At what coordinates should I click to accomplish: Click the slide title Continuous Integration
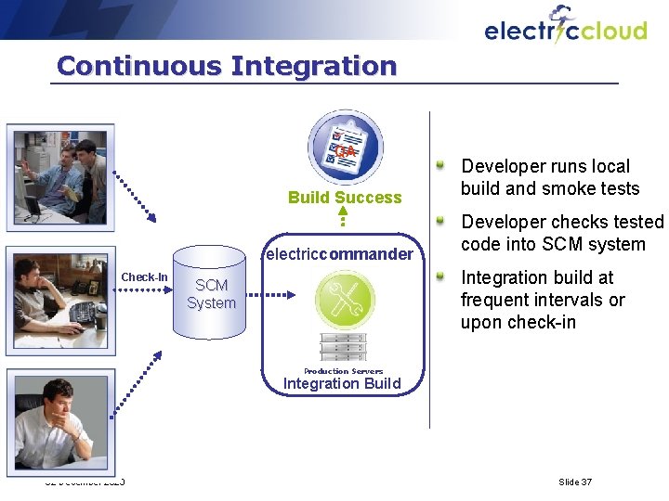click(226, 66)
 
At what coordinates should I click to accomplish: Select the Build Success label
click(345, 197)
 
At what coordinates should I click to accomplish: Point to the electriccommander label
click(339, 253)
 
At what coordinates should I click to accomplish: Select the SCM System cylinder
click(211, 294)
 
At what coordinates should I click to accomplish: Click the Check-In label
click(144, 277)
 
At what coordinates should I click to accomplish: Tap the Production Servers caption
click(343, 370)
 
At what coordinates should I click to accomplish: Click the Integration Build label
click(342, 384)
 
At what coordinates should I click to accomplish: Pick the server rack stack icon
click(343, 346)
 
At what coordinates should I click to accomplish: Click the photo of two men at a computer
click(61, 175)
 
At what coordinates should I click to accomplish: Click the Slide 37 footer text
click(574, 482)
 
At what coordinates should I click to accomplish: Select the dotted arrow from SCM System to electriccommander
click(276, 294)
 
